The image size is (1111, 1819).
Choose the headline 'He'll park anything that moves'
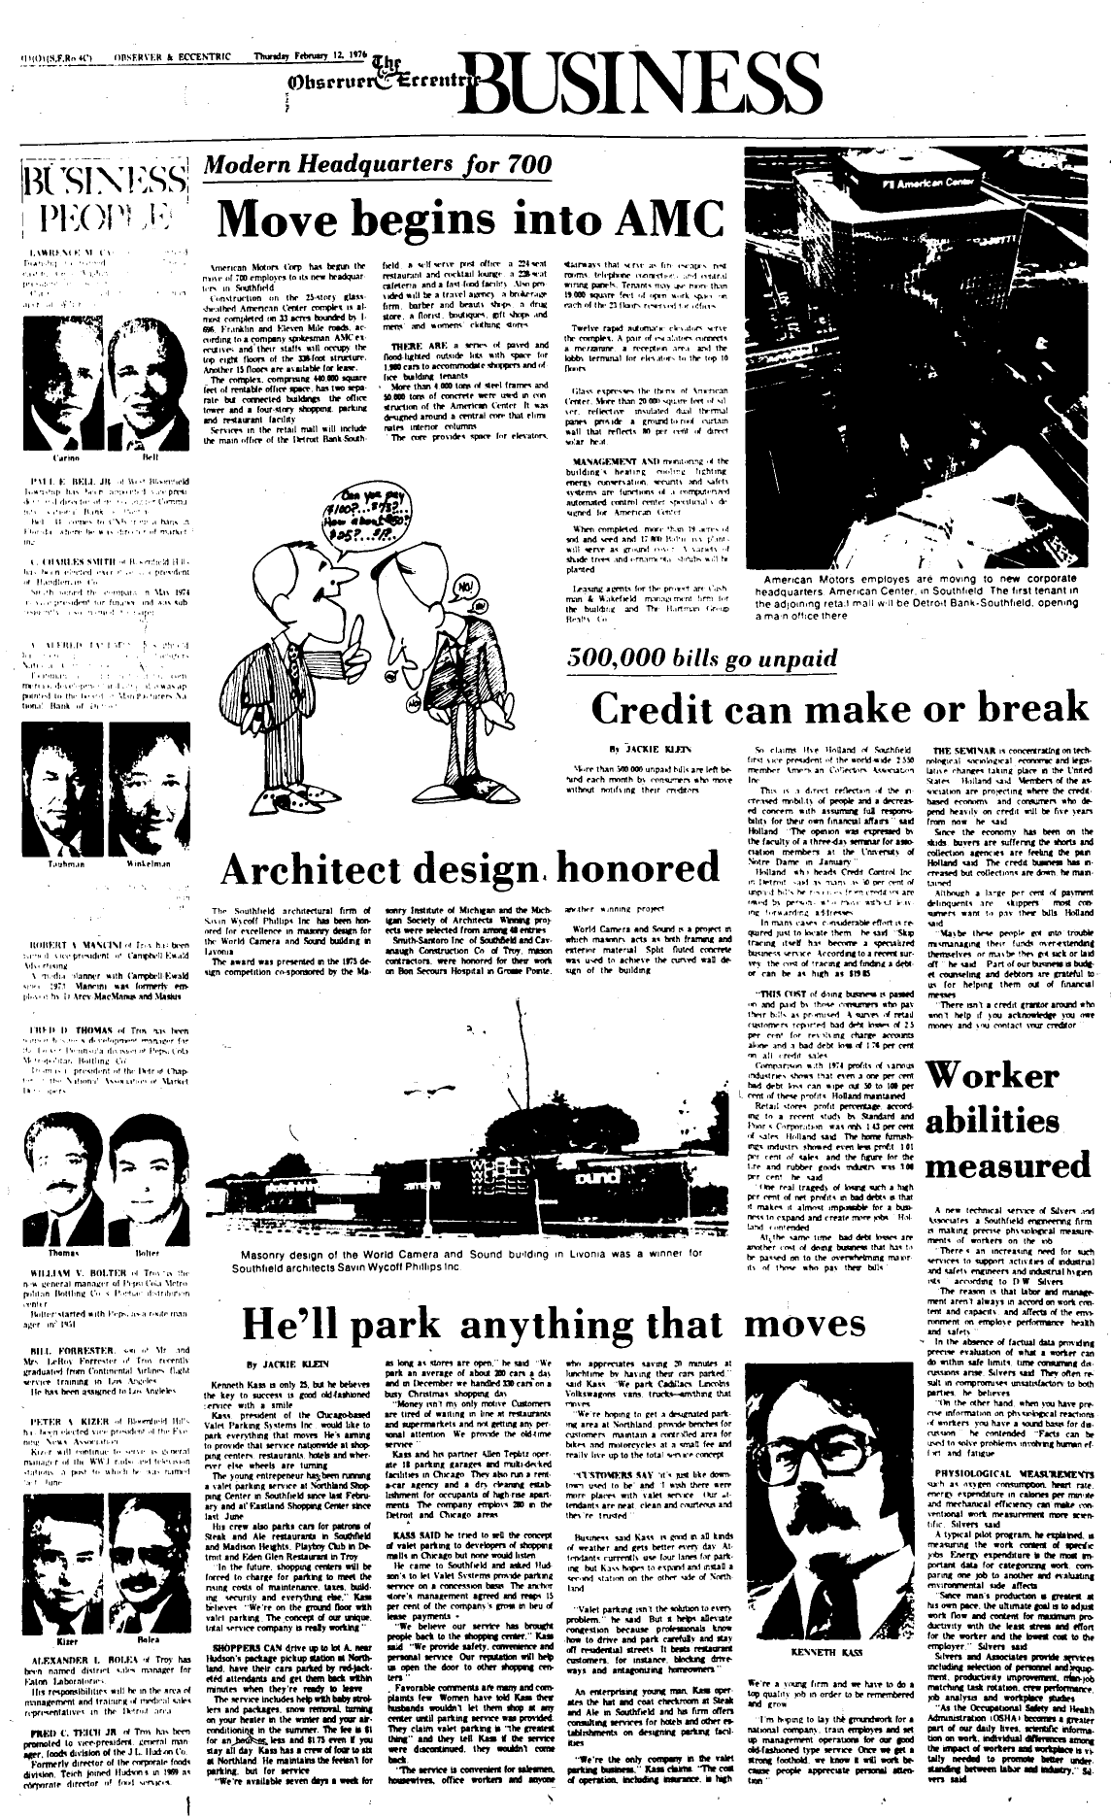(x=553, y=1322)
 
